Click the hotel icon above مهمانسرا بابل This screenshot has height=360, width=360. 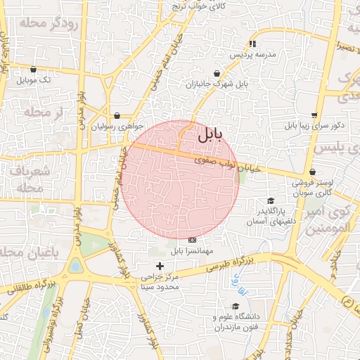click(x=192, y=240)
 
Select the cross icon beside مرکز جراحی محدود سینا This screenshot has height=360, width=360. click(x=160, y=266)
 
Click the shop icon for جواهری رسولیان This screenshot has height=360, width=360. click(x=116, y=116)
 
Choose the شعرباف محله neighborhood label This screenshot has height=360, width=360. click(x=29, y=179)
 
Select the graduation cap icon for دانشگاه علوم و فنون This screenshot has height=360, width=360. click(x=236, y=307)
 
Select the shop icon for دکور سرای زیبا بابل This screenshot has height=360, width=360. click(x=314, y=115)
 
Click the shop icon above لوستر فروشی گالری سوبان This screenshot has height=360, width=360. click(x=312, y=172)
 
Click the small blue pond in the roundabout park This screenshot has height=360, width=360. click(x=75, y=266)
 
